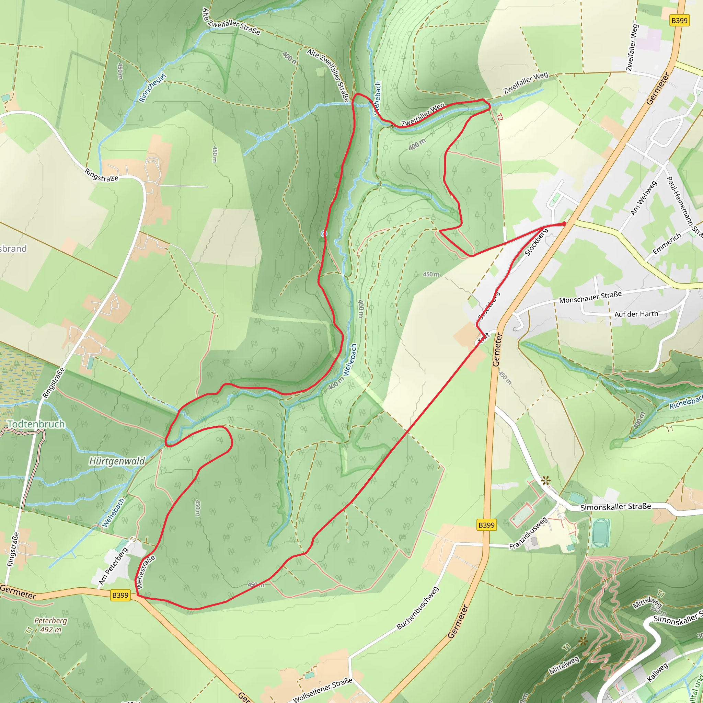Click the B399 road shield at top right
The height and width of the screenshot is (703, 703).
(x=679, y=20)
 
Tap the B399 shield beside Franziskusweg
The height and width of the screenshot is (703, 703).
(x=486, y=525)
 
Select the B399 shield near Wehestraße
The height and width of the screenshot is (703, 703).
(x=120, y=595)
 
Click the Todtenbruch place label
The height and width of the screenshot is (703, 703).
(x=36, y=424)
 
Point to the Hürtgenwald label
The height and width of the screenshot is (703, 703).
(x=117, y=461)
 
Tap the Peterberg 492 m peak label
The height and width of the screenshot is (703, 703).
(x=51, y=625)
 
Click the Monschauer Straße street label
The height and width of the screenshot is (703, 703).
(x=590, y=297)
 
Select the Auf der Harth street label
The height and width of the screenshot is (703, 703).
(x=636, y=314)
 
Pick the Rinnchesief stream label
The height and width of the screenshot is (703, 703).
(x=152, y=88)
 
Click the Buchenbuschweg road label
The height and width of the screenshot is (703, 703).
(x=417, y=608)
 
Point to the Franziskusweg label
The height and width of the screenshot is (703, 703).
(x=528, y=533)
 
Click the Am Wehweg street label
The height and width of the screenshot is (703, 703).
(x=643, y=198)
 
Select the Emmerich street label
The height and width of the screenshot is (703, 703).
(x=667, y=244)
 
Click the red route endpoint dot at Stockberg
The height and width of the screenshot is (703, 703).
(x=564, y=224)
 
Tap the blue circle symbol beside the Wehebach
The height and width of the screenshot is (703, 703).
(x=324, y=234)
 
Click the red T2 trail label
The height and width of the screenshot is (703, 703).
(x=500, y=117)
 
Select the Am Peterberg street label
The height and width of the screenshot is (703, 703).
(x=114, y=566)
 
